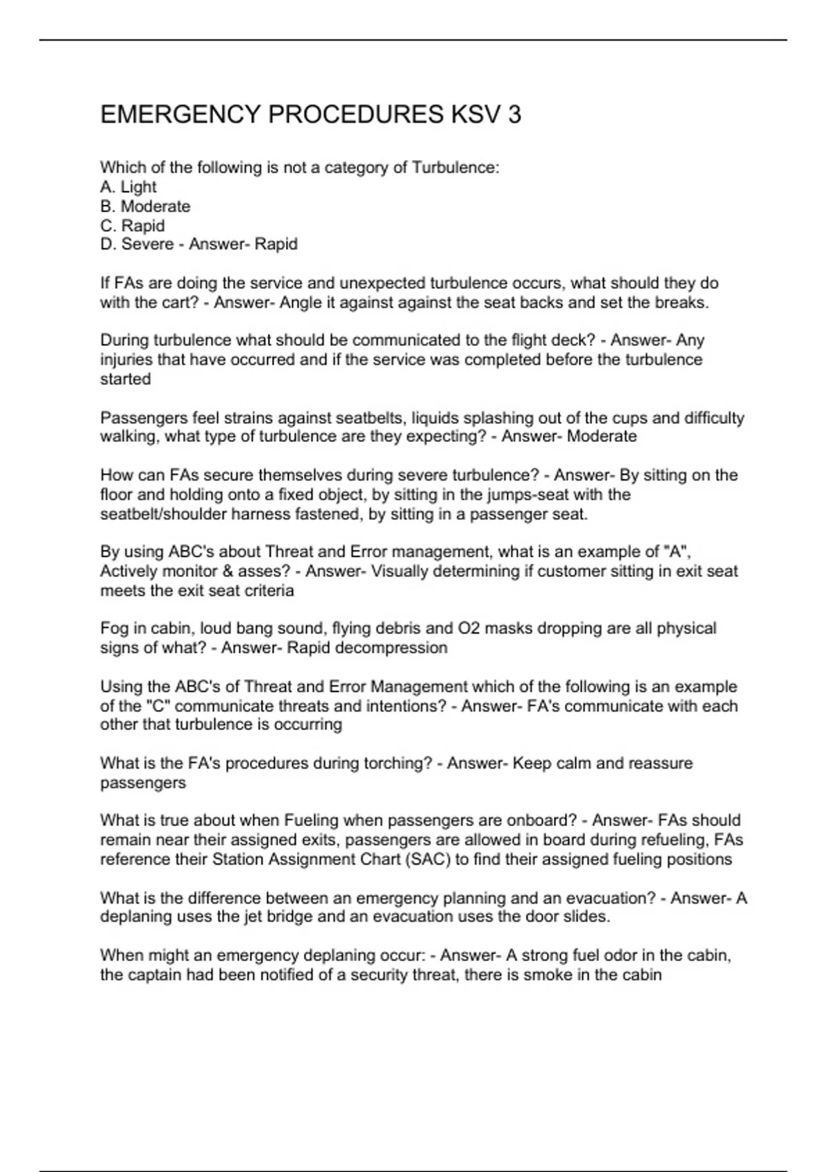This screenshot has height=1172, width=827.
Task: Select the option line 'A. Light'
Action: pos(128,187)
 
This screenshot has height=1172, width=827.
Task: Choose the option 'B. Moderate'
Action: pos(145,206)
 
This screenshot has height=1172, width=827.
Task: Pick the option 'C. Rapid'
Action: pos(132,225)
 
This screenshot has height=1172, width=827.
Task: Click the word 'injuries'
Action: pos(125,359)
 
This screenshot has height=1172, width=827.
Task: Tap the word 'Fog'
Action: pos(114,628)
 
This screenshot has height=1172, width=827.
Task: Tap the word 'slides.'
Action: pos(584,916)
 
